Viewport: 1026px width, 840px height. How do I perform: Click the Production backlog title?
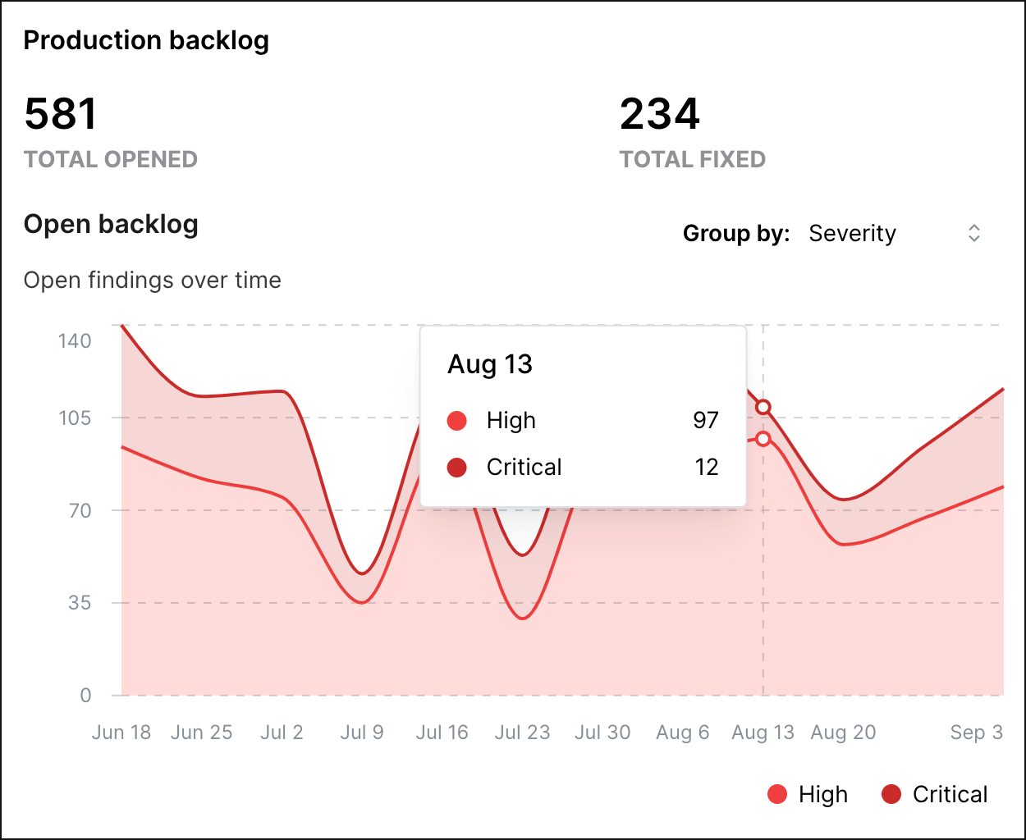146,40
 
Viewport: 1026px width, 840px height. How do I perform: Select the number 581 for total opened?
61,114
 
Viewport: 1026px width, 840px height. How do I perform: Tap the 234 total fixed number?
660,114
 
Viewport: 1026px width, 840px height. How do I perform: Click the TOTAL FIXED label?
692,159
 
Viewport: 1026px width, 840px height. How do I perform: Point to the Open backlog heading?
111,224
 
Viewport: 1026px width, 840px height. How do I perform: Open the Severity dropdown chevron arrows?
973,233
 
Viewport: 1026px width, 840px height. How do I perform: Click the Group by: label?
736,234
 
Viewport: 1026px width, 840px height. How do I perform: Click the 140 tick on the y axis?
75,340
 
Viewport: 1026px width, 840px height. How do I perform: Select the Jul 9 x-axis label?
362,733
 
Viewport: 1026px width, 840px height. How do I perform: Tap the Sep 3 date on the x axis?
976,733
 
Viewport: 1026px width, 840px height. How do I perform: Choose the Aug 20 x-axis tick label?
843,733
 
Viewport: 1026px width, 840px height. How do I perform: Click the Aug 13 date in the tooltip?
490,364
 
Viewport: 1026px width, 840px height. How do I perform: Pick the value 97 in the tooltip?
706,420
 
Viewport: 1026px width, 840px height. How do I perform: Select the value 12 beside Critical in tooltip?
707,467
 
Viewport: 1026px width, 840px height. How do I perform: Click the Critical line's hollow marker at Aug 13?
763,407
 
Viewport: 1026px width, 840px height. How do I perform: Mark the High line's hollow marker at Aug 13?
763,439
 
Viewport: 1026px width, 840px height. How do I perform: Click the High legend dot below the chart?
777,794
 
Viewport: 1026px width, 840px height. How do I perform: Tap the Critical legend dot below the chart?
891,794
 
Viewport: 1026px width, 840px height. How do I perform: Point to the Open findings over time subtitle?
153,281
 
